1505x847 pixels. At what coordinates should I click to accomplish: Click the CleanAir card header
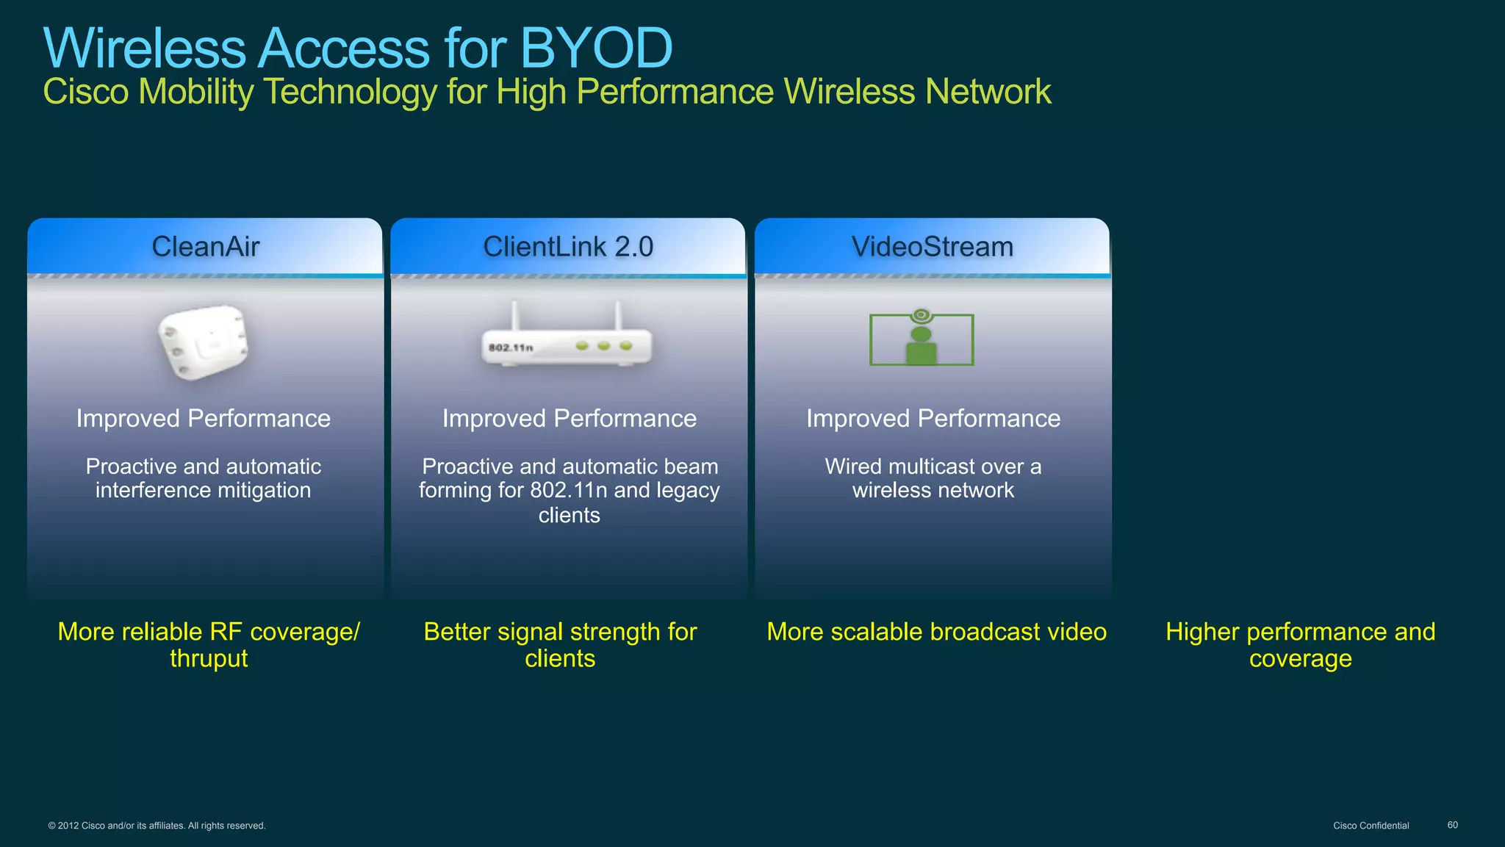click(x=205, y=247)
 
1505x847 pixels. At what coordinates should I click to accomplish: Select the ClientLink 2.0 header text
click(x=568, y=247)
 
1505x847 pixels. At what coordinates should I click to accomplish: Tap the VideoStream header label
click(x=932, y=247)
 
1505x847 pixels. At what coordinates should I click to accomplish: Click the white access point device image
click(x=204, y=342)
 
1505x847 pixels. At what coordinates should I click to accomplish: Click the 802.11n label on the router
click(x=511, y=347)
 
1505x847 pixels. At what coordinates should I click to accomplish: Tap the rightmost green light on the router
click(x=625, y=345)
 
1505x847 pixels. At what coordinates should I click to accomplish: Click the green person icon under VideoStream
click(x=921, y=345)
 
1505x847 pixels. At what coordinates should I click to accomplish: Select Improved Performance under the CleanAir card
click(x=204, y=419)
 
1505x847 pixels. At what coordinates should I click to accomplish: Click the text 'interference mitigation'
click(x=204, y=491)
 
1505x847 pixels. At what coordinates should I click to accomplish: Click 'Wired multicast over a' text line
click(x=933, y=466)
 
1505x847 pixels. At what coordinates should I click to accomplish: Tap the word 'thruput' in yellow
click(x=209, y=659)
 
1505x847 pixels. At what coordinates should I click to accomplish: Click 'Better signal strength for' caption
click(x=560, y=632)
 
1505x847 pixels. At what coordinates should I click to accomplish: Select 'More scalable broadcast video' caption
click(x=936, y=632)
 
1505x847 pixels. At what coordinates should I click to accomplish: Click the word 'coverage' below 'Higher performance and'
click(x=1300, y=659)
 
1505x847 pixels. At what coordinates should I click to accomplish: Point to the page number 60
click(x=1452, y=825)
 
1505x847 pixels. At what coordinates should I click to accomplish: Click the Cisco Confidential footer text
click(x=1371, y=826)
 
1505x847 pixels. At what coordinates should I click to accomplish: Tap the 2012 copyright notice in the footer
click(x=157, y=826)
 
